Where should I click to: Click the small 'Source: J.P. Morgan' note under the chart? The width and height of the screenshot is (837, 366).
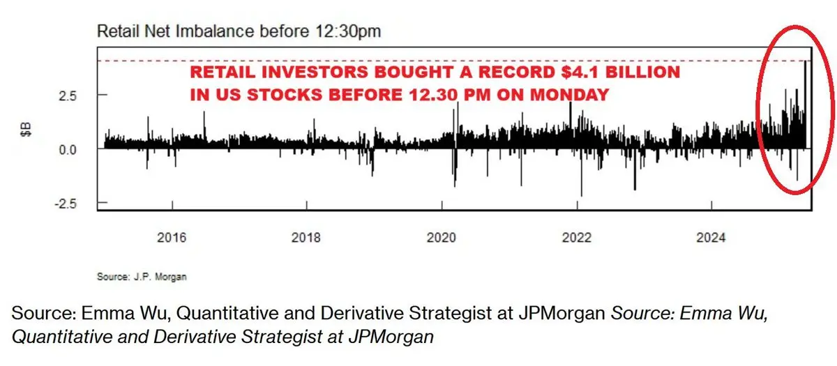(142, 277)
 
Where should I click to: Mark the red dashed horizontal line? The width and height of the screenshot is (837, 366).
(418, 61)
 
